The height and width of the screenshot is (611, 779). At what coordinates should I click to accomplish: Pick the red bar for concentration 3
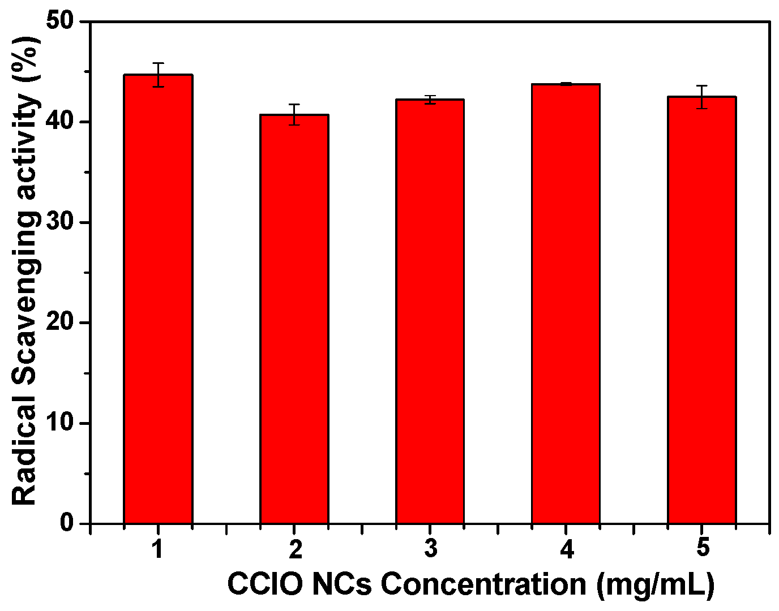430,311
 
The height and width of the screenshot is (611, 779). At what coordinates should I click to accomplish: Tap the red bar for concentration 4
566,303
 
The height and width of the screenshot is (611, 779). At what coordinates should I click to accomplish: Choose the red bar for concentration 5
701,309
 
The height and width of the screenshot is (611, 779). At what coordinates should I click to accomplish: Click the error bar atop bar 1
158,75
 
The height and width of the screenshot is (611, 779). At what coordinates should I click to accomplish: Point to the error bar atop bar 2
294,114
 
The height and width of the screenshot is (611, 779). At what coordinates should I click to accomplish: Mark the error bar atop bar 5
701,97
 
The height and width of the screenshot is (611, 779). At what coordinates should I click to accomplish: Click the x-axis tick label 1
158,549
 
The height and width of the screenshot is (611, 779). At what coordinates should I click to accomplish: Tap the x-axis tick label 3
430,549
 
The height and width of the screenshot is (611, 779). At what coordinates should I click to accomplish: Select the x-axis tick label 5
702,549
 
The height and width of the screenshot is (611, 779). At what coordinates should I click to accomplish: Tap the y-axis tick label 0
67,523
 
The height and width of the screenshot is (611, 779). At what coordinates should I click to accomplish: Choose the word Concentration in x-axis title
483,584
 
